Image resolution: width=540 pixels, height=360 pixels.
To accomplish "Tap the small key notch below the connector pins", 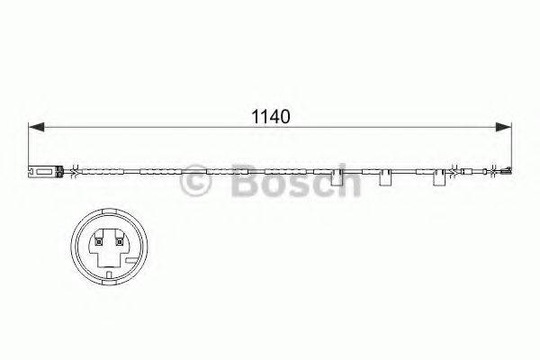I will point(106,266).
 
